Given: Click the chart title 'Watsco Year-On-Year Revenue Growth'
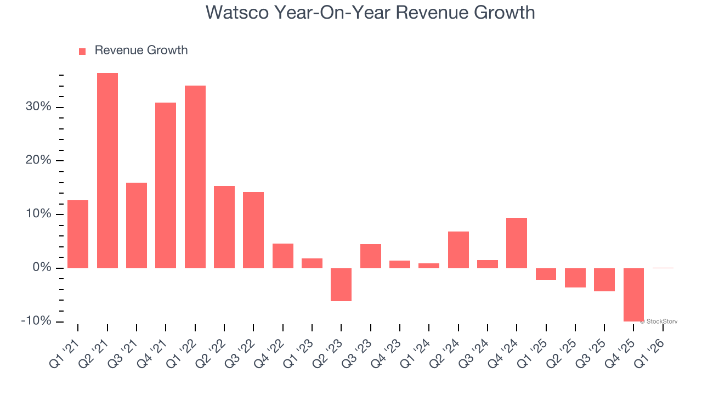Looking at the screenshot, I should (370, 13).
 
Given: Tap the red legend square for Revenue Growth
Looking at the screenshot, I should (82, 51).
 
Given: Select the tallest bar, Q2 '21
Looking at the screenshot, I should (107, 170).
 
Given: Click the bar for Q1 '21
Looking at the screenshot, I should (78, 234).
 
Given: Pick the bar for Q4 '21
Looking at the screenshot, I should (166, 185).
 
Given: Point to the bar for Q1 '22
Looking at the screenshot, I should (195, 177).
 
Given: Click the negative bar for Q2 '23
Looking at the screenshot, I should (341, 284).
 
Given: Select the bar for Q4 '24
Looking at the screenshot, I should (517, 243).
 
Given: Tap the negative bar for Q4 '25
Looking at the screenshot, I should (633, 295).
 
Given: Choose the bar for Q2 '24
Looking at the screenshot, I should (458, 250).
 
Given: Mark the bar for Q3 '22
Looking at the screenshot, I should (253, 230).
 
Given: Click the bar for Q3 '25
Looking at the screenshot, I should (604, 279).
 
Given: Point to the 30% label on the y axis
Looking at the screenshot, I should (38, 107).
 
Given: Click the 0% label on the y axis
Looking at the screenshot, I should (42, 268).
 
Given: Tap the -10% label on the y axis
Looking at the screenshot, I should (36, 321).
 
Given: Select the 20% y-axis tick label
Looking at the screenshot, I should (38, 160).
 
